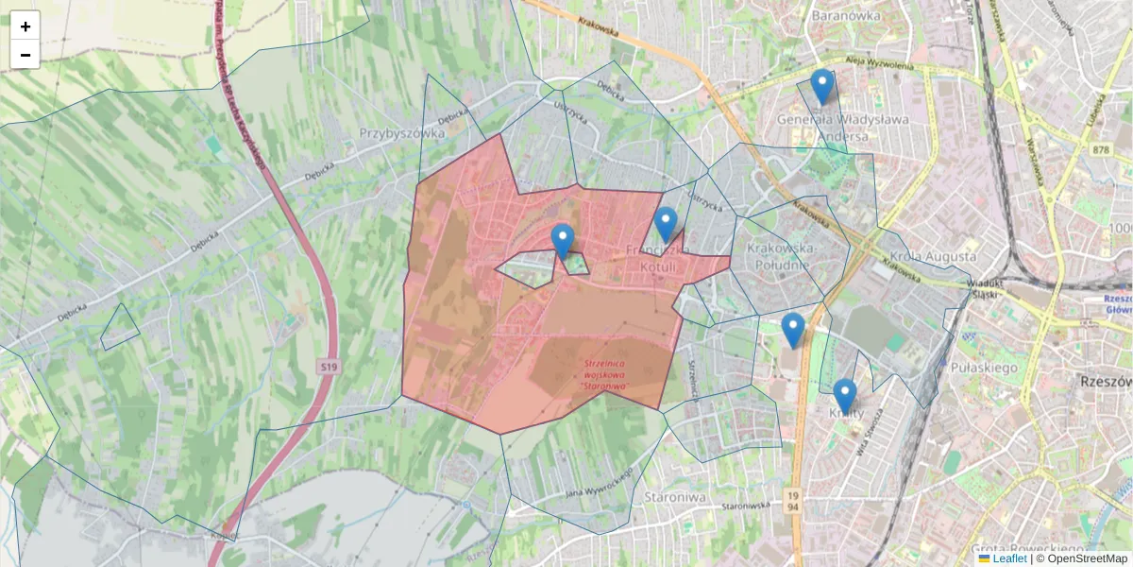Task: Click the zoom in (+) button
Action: pos(25,26)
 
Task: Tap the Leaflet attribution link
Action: pos(1009,558)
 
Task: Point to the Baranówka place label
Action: pos(845,15)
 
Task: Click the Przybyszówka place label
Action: pos(401,133)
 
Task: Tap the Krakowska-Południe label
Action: pos(779,256)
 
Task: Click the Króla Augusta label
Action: pos(932,256)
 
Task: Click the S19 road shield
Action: pos(328,366)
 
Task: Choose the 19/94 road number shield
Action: pos(791,501)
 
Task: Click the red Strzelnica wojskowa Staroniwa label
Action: pos(606,374)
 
